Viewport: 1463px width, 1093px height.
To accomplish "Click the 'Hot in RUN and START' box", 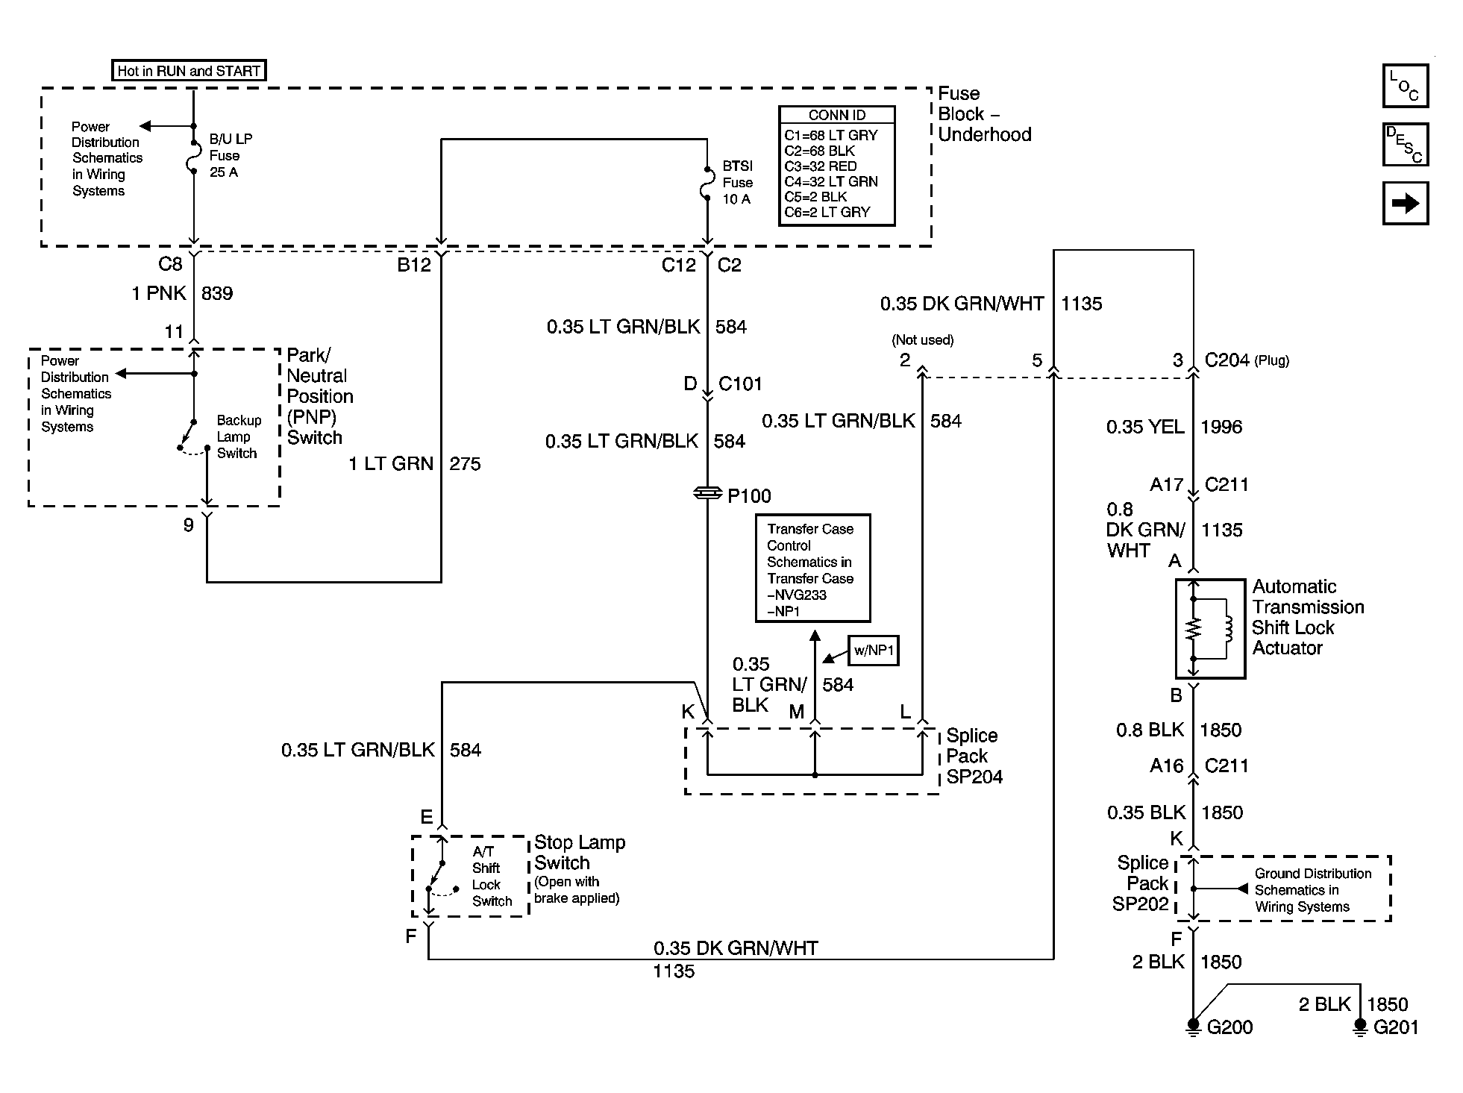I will tap(188, 71).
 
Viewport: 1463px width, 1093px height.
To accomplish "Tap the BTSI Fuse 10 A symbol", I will tap(707, 184).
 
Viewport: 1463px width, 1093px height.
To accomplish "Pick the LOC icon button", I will tap(1405, 87).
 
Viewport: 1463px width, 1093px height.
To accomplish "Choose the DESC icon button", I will tap(1405, 144).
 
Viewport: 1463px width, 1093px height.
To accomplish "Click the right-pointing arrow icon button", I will tap(1405, 203).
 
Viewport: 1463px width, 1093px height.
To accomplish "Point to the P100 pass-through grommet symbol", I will tap(707, 493).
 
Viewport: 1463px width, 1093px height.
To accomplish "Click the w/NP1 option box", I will tap(874, 651).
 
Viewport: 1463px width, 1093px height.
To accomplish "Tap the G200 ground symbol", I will tap(1193, 1027).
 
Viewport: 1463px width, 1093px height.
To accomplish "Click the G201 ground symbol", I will tap(1360, 1027).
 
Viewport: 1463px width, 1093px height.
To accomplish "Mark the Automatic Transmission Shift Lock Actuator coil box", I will tap(1209, 629).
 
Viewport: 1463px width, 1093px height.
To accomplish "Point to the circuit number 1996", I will tap(1221, 428).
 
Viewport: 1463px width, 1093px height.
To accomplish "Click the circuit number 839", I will tap(217, 294).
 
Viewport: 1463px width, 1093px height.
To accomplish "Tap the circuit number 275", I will tap(465, 464).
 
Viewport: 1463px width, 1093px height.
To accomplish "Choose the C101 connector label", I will tap(739, 384).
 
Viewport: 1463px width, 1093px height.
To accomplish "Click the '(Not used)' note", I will tap(922, 340).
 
